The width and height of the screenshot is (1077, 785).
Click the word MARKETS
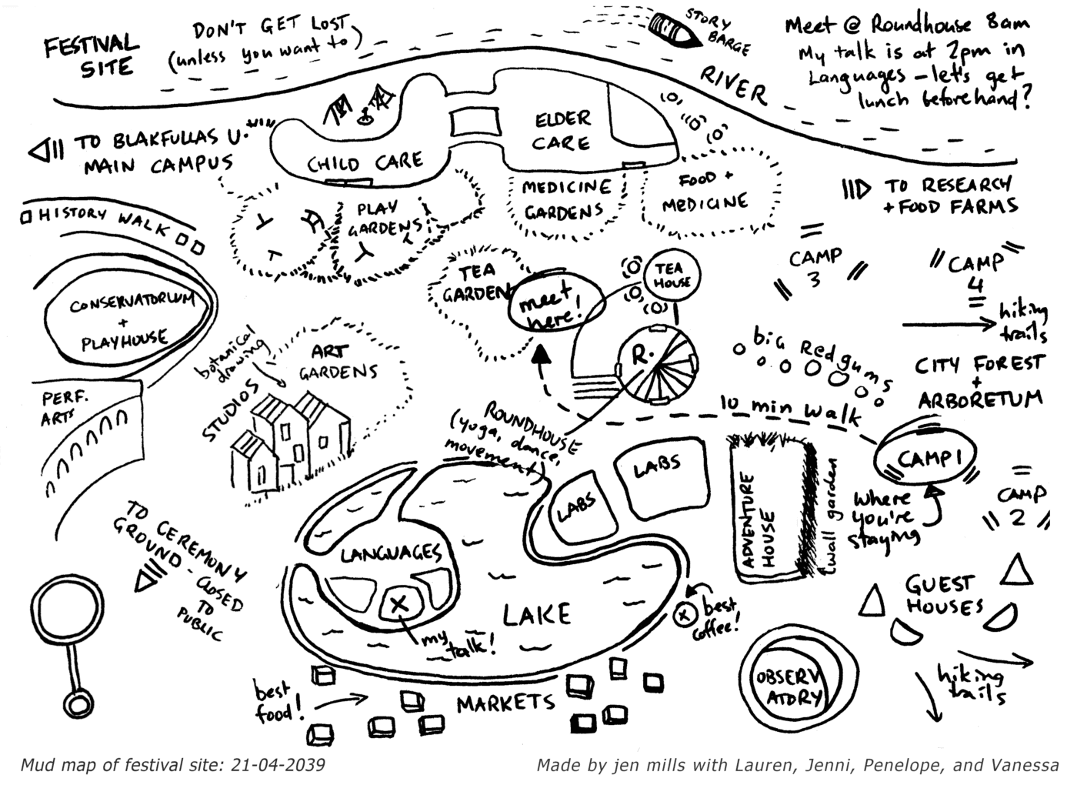click(505, 702)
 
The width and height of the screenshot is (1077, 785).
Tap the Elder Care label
click(562, 131)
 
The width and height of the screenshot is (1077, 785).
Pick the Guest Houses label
click(944, 595)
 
